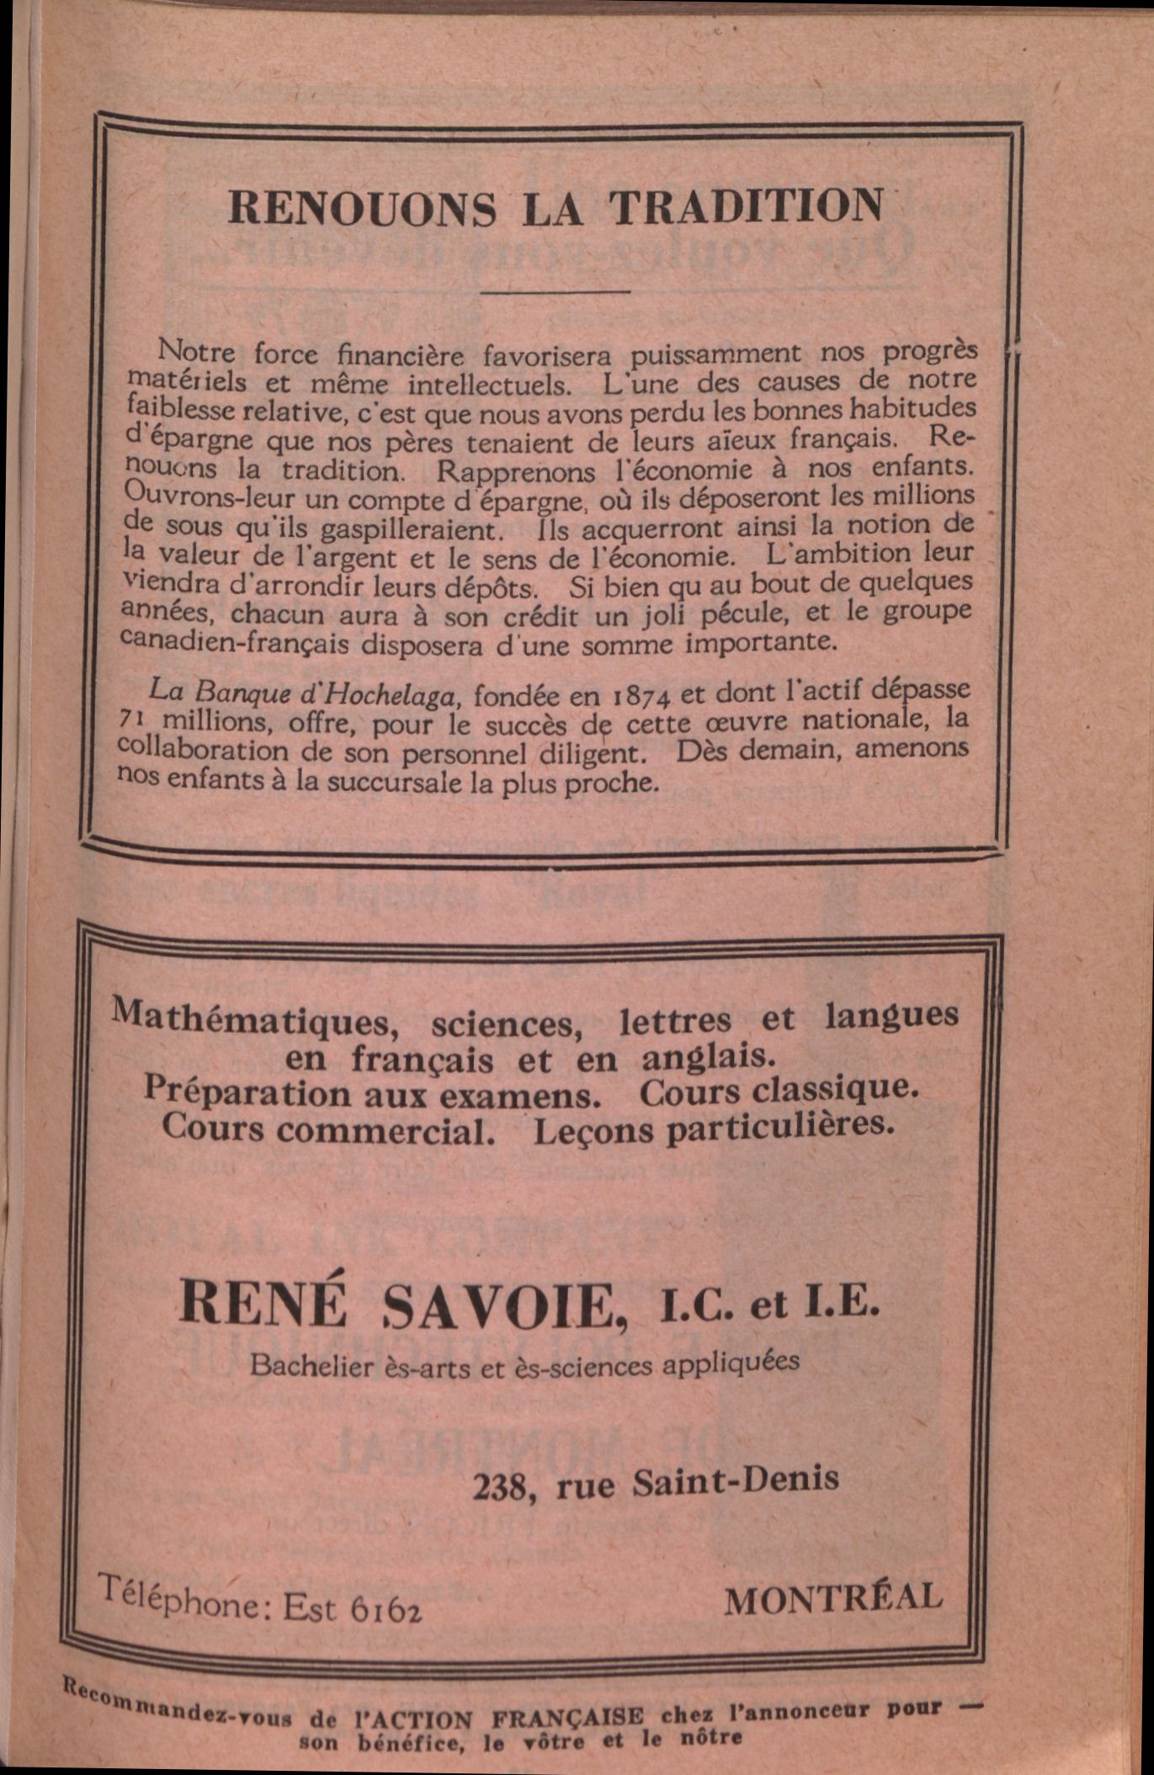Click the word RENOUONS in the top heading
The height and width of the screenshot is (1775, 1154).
coord(362,208)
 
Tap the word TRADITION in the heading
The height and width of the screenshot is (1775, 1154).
coord(746,207)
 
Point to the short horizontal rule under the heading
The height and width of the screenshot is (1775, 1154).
coord(556,292)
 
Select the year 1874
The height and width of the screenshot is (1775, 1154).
coord(641,697)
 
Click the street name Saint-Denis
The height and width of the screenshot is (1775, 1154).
coord(735,1480)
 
